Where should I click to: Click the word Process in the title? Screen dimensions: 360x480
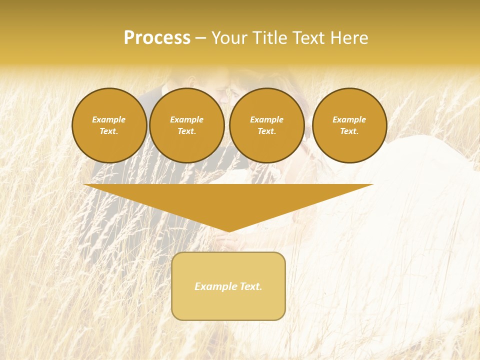pos(157,38)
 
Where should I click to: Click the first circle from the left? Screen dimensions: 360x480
pos(109,125)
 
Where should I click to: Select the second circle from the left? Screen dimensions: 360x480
pos(186,125)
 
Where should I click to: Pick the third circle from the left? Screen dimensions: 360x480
pos(266,125)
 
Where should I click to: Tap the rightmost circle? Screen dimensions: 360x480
pos(349,125)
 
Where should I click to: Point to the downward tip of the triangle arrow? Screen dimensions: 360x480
pos(229,230)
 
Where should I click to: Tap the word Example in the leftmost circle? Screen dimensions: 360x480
pos(109,120)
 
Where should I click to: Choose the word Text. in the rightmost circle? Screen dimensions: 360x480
pos(349,131)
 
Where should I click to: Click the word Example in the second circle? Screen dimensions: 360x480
pos(186,120)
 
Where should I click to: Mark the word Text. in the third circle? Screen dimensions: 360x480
pos(266,131)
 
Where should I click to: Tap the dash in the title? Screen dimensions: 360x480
pos(200,38)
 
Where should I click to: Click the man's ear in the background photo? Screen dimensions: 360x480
pos(192,80)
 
